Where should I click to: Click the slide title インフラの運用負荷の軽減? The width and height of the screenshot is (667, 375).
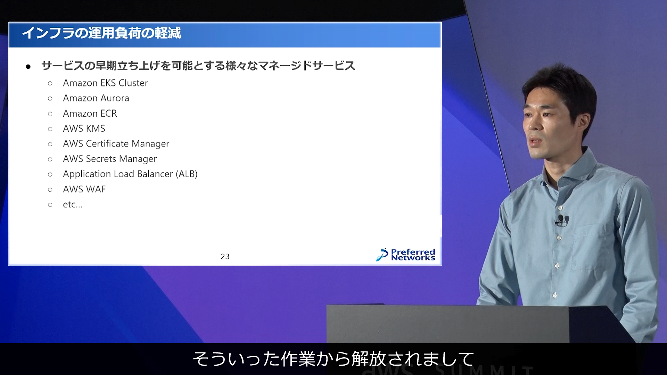(101, 33)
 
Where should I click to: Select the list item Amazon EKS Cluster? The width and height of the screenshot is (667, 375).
(105, 83)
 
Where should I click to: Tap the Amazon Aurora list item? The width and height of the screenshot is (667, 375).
(96, 98)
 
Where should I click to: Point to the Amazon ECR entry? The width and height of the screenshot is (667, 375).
(90, 114)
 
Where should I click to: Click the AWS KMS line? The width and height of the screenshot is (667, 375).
(84, 128)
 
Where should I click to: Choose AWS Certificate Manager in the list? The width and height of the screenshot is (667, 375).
(116, 144)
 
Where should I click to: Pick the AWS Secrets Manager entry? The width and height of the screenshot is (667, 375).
(110, 159)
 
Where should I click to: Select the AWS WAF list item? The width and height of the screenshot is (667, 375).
(84, 189)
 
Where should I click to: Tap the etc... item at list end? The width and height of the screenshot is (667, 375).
(73, 205)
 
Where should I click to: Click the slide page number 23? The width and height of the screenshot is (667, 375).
(225, 257)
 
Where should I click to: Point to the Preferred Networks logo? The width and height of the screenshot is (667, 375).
(406, 255)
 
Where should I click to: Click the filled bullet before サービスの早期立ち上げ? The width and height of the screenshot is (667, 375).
(28, 66)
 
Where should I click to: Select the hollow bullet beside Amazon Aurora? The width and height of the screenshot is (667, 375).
(50, 99)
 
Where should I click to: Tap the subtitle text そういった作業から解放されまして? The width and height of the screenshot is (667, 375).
(333, 359)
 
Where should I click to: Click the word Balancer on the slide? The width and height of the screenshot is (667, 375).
(155, 174)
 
